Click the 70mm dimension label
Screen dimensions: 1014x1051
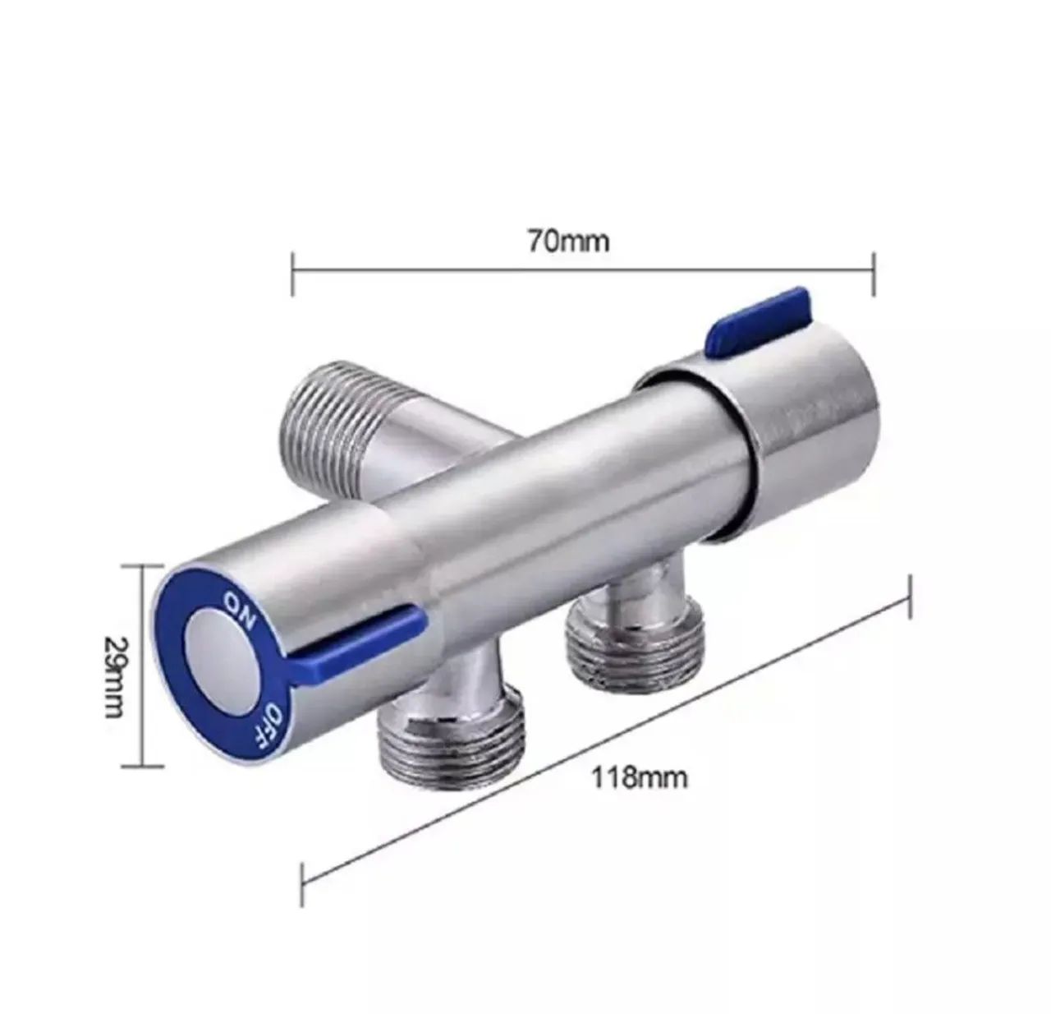(x=580, y=242)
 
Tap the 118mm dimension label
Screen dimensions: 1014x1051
(x=640, y=777)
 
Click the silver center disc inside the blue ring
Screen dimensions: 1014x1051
(x=219, y=666)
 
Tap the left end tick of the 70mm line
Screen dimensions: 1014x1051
(x=292, y=273)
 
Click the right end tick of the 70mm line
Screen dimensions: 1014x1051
(x=874, y=273)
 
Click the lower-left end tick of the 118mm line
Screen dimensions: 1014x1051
(x=305, y=880)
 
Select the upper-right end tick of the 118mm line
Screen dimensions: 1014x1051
(x=910, y=598)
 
